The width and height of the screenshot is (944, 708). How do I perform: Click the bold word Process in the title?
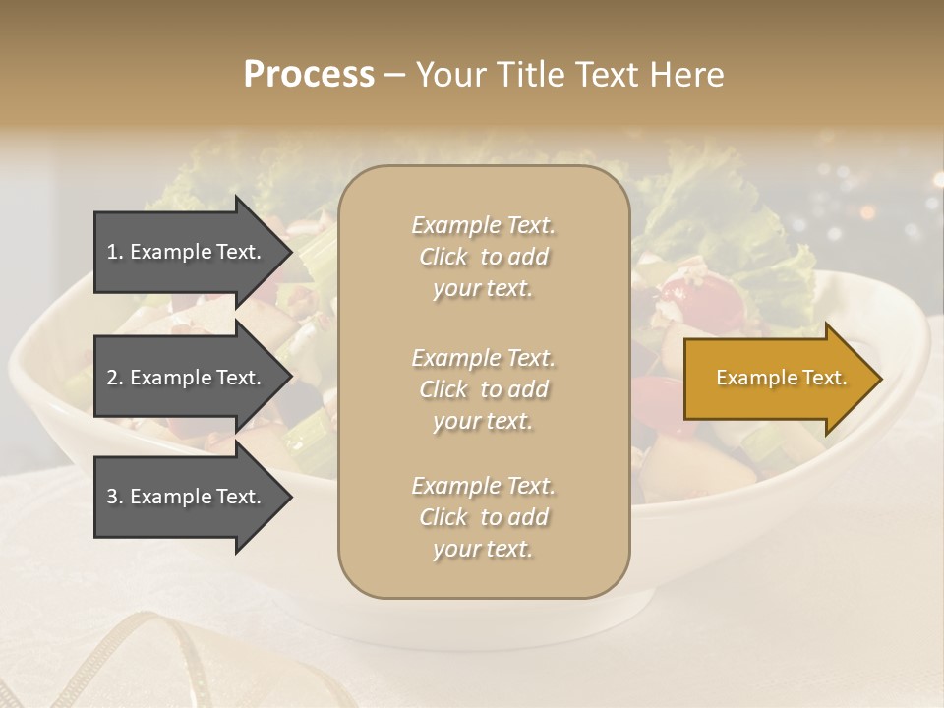[x=309, y=74]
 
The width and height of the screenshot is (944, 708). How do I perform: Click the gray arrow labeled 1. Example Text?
[x=187, y=252]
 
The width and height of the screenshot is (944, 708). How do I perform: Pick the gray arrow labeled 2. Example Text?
[x=187, y=378]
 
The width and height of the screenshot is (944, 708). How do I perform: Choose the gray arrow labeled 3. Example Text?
[x=187, y=497]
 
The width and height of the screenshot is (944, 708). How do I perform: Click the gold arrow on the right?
[x=777, y=379]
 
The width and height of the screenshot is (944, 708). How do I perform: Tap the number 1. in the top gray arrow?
[x=115, y=252]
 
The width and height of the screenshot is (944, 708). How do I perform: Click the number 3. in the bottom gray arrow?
[x=115, y=497]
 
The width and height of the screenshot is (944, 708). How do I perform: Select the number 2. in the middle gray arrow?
[x=115, y=378]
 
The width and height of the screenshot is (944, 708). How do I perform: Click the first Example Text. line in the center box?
[x=483, y=225]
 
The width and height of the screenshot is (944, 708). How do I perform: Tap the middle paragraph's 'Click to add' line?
[x=483, y=389]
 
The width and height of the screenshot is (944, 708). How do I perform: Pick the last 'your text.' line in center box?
[x=483, y=549]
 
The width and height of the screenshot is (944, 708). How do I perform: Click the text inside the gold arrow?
[x=781, y=378]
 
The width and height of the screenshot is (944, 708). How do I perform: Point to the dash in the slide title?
[x=394, y=75]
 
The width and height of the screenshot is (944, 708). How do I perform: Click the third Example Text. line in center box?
[x=483, y=486]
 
